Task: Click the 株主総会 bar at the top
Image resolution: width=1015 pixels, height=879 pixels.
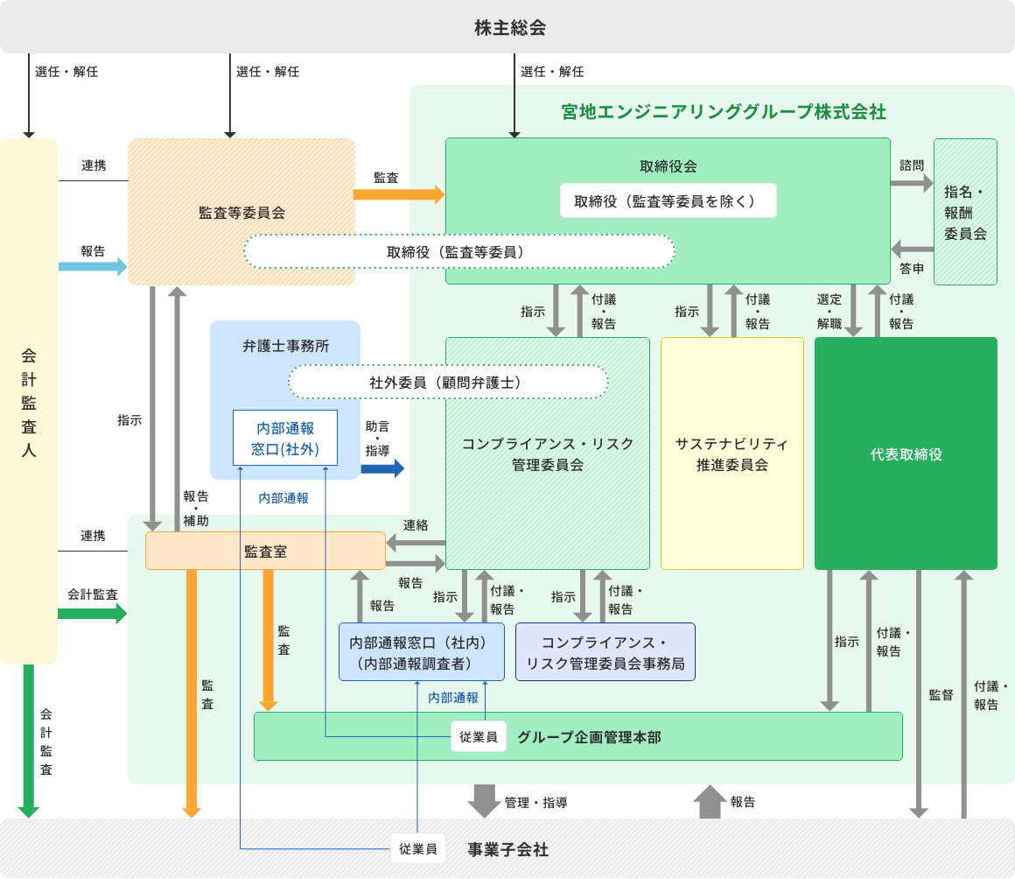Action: (x=507, y=27)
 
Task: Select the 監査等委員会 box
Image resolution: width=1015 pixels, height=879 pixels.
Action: (x=241, y=211)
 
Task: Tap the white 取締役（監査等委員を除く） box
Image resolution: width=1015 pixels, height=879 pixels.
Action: (x=668, y=200)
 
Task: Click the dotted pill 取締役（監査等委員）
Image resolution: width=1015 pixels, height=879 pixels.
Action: (x=458, y=252)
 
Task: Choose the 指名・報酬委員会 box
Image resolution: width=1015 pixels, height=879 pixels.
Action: (x=965, y=212)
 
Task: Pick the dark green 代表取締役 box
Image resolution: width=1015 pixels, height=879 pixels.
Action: (x=906, y=454)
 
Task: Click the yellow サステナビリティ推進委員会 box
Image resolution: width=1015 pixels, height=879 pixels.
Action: (x=731, y=454)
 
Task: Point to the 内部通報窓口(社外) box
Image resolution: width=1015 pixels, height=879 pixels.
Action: (x=284, y=439)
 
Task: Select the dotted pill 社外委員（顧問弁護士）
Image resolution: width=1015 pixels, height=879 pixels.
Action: (x=448, y=383)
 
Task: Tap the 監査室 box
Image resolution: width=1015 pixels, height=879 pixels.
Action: (x=265, y=551)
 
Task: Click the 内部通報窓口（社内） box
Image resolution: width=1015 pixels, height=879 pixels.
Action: (x=421, y=652)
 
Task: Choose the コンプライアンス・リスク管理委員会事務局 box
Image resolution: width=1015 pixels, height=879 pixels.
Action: (x=605, y=652)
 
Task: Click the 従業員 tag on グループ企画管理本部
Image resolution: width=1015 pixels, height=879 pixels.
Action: (x=479, y=737)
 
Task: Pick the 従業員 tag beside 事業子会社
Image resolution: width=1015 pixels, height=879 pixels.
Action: (x=417, y=848)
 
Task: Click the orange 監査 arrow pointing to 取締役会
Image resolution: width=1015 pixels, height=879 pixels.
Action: (x=399, y=194)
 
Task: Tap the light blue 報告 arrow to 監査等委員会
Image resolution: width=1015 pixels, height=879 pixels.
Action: (x=93, y=267)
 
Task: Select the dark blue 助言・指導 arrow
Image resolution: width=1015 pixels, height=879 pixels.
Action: (x=382, y=468)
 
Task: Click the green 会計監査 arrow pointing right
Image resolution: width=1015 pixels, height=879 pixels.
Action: (x=92, y=613)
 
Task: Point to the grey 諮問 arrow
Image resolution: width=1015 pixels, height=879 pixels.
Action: (x=912, y=183)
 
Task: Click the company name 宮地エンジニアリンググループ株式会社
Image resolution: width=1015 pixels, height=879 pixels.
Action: (x=723, y=112)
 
